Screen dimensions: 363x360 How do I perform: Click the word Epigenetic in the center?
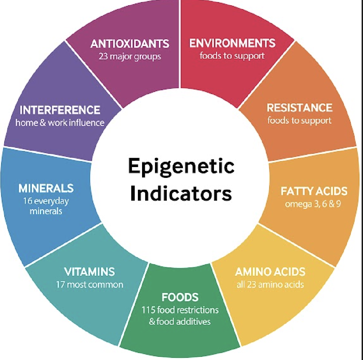point(181,167)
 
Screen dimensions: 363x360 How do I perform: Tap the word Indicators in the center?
point(181,193)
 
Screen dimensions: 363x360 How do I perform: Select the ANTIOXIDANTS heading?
point(130,44)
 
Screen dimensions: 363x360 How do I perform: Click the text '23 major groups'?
point(130,56)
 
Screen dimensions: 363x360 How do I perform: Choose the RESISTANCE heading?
point(299,108)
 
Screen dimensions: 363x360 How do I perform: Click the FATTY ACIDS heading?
point(314,191)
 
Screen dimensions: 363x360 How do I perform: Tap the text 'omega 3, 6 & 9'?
point(313,203)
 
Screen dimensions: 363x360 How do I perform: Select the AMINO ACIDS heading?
point(270,272)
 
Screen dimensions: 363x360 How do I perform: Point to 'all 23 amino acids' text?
point(270,284)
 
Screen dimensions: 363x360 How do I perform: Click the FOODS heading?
point(180,297)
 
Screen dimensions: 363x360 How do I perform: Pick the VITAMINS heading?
point(89,272)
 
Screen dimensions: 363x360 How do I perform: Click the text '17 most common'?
point(90,284)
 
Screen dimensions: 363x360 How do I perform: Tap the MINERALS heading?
point(46,188)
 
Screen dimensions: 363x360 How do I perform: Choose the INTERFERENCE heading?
point(60,110)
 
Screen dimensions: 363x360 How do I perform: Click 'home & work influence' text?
point(60,123)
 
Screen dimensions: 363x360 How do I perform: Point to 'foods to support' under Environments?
point(232,56)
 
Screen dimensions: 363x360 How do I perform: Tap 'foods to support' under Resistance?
point(299,121)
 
